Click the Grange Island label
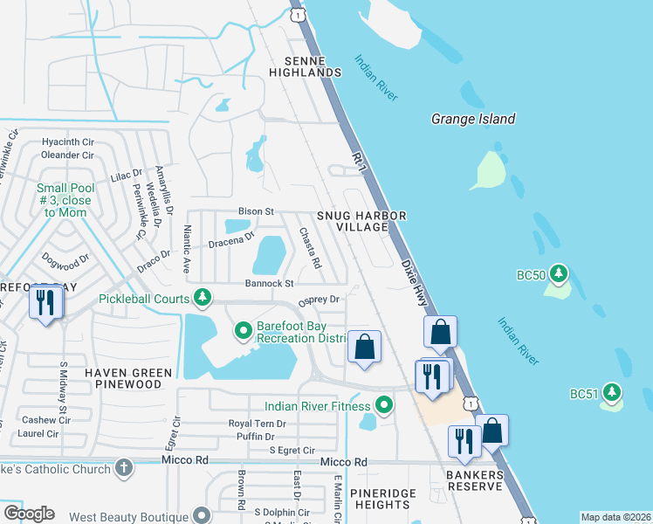[473, 119]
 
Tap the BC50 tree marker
[560, 274]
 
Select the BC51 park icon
[613, 394]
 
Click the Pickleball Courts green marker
[203, 298]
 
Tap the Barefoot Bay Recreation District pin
[244, 331]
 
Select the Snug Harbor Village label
[352, 221]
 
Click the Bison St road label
[256, 211]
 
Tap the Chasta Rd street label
[311, 248]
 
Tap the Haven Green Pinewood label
[128, 378]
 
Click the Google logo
[29, 514]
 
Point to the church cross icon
[124, 469]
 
